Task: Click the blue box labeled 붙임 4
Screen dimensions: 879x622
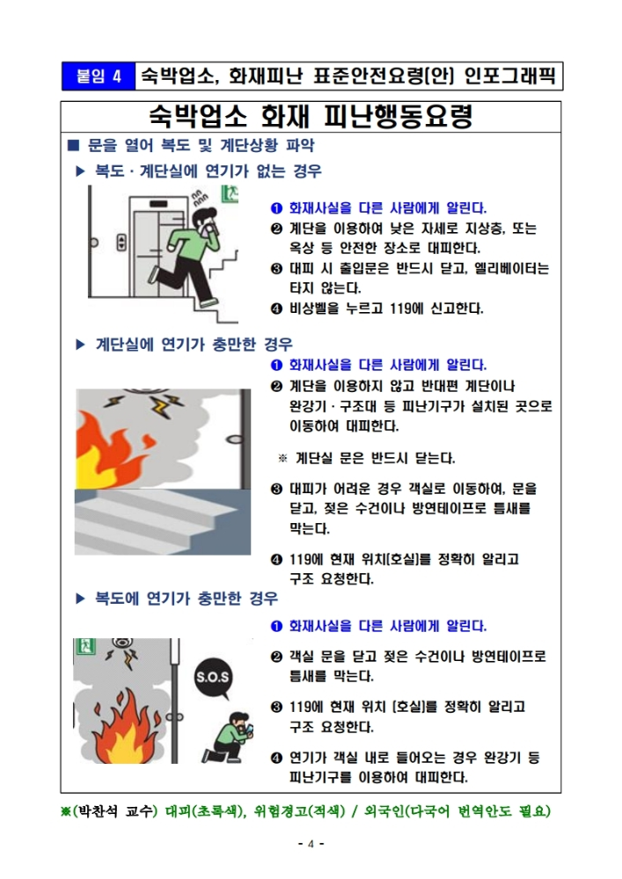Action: [x=99, y=75]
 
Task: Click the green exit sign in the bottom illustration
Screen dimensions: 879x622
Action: [x=84, y=649]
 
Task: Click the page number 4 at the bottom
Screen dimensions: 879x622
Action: [x=311, y=845]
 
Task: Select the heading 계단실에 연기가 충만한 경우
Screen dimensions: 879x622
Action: [x=194, y=344]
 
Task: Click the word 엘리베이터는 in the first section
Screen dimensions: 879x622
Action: [x=504, y=268]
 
